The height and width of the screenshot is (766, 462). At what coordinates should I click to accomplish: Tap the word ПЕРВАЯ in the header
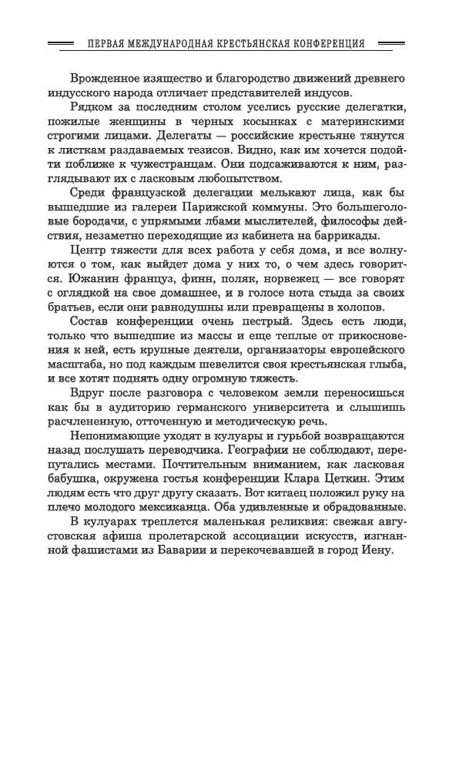[x=107, y=44]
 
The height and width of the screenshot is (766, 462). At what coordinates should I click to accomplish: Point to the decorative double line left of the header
[x=61, y=44]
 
